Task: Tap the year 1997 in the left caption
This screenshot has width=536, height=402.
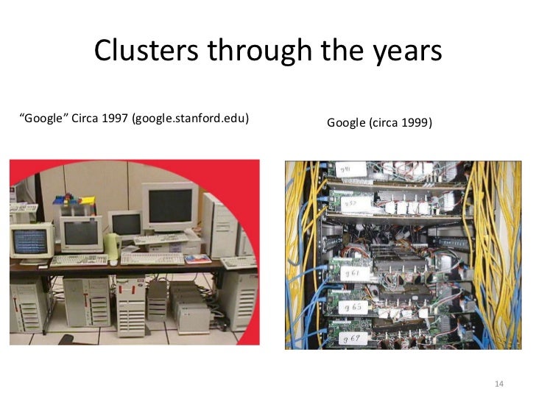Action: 110,117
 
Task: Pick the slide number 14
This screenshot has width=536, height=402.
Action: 498,384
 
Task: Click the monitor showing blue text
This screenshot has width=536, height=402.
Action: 30,240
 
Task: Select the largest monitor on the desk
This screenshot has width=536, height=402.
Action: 170,206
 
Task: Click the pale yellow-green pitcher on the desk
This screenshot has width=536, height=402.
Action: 111,245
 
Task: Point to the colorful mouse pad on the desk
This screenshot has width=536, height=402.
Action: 197,258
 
